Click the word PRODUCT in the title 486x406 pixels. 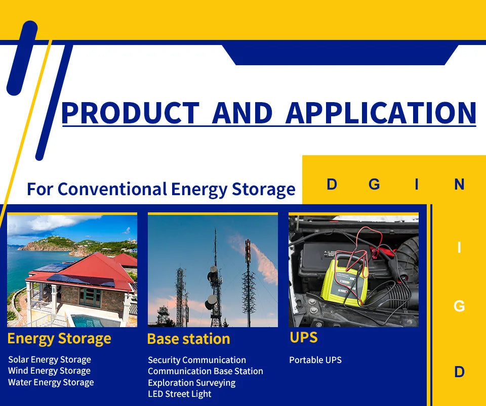(130, 113)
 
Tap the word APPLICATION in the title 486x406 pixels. (381, 113)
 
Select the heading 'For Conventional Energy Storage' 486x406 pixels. (161, 189)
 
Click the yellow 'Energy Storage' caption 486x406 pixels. (59, 338)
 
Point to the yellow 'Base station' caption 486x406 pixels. (188, 339)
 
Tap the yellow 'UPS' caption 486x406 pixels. (304, 337)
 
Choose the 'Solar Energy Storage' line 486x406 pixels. (50, 359)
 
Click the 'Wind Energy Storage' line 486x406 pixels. (49, 371)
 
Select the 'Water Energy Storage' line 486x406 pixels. (51, 382)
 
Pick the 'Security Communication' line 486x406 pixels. (197, 360)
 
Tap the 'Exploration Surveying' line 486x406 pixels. (191, 383)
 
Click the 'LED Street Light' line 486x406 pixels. (180, 394)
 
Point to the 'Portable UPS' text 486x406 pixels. (315, 360)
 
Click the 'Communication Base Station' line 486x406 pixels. (206, 371)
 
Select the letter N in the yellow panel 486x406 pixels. (459, 185)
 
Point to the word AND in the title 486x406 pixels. (242, 113)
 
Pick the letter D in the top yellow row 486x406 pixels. (332, 185)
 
